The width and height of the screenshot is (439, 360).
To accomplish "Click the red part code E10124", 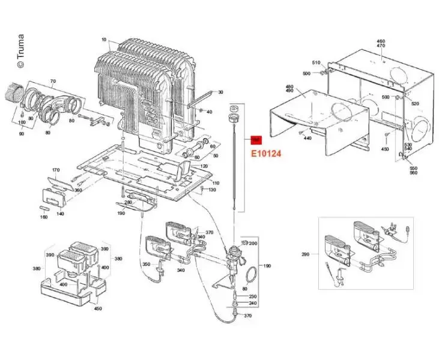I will point(266,154).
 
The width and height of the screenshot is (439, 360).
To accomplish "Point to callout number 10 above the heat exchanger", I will point(104,40).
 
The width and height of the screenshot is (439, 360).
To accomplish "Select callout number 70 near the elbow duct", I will point(52,81).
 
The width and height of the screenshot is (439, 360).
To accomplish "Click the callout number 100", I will point(22,122).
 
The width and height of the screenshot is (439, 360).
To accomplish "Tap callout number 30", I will point(220,92).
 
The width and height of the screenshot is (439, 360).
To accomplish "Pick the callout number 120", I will point(204,166).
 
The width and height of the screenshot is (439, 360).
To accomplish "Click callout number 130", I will point(212,190).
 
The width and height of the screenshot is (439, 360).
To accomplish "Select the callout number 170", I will point(56,170).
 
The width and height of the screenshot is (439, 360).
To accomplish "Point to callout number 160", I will point(44,217).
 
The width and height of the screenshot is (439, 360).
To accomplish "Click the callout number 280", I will point(128,202).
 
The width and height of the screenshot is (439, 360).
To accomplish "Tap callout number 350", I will point(146,264).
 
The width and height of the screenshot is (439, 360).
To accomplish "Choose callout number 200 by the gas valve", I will point(253,243).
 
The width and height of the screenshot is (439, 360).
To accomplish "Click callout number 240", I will point(253,304).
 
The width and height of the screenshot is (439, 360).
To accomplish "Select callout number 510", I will point(316,62).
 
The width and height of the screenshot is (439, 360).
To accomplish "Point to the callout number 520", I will point(414,104).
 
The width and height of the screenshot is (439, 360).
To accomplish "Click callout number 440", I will point(307,139).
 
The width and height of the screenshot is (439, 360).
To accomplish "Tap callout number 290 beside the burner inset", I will point(306,254).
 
